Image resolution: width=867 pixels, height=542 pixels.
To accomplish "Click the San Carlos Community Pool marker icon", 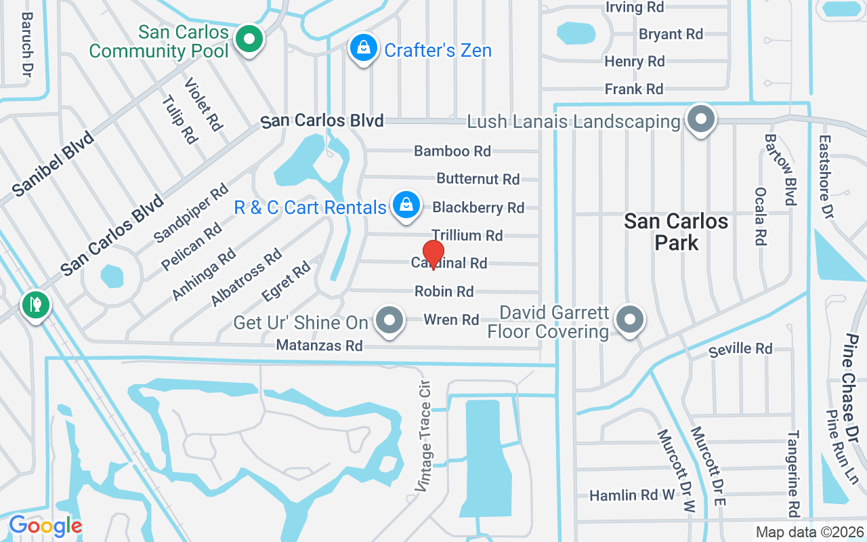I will click(x=249, y=39).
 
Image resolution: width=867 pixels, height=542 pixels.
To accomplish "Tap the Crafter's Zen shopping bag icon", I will click(x=364, y=48).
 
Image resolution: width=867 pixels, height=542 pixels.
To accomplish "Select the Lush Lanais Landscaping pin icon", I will click(x=701, y=121).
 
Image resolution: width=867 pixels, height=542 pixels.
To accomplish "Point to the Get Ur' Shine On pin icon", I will click(x=389, y=320).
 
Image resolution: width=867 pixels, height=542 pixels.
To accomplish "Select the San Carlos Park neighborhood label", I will click(x=676, y=232).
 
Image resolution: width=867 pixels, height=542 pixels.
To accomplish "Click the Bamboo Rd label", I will click(x=452, y=151).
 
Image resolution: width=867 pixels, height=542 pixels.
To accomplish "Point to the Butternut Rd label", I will click(x=478, y=179).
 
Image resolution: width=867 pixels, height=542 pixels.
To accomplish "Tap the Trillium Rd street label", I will click(x=467, y=236).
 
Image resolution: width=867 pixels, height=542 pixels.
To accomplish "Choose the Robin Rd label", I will click(x=444, y=291).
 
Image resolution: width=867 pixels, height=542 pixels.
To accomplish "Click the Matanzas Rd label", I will click(x=320, y=346).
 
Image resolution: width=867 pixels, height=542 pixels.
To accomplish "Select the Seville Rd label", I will click(x=740, y=349).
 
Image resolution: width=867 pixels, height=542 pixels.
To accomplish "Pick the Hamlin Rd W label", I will click(x=632, y=495).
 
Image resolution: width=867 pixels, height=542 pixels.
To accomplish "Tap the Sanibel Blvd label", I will click(x=52, y=165).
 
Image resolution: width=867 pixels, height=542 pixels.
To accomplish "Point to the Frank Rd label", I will click(x=634, y=89).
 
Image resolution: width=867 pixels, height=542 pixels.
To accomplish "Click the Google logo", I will click(x=45, y=526).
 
